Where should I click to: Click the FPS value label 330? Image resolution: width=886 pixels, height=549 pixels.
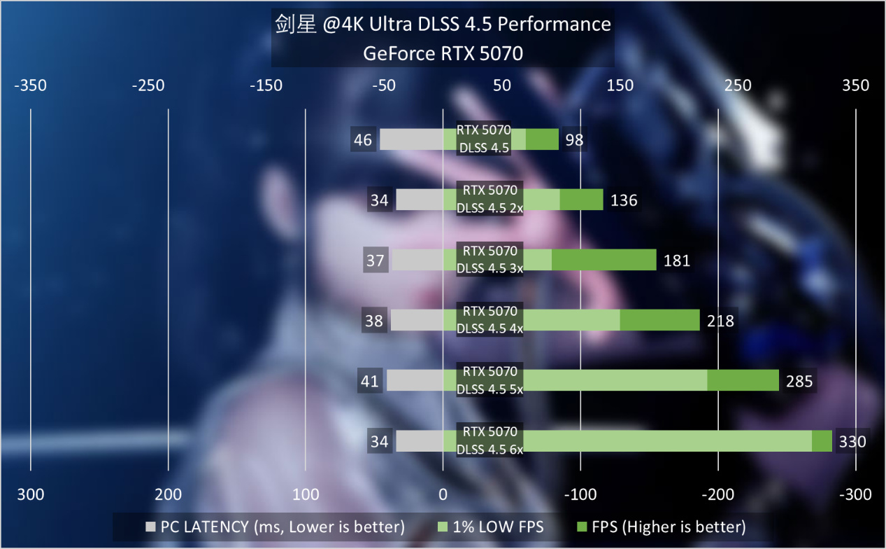point(852,442)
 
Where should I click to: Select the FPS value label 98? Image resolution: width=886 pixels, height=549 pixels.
point(574,140)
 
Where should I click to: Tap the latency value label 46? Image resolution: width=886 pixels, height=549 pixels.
point(363,140)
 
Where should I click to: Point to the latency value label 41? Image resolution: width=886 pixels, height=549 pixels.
point(370,382)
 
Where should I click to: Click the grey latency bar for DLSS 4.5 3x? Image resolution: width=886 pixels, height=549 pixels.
point(417,260)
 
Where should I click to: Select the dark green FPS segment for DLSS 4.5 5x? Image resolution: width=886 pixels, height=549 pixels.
point(743,381)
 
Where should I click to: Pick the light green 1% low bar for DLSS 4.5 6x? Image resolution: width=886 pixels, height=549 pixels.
point(667,441)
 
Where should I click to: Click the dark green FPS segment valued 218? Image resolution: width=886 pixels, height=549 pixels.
point(659,321)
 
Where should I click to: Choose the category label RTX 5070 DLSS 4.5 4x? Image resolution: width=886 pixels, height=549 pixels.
point(490,320)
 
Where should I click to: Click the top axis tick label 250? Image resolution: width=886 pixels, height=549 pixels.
point(738,85)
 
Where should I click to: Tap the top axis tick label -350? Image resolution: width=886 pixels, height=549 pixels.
point(30,85)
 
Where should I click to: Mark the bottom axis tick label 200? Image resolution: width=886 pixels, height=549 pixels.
point(168,495)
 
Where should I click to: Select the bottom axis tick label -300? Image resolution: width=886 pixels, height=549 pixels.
point(855,495)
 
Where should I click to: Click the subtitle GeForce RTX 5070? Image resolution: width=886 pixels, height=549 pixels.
point(443,54)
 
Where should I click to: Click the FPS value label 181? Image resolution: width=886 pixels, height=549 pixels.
point(676,260)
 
